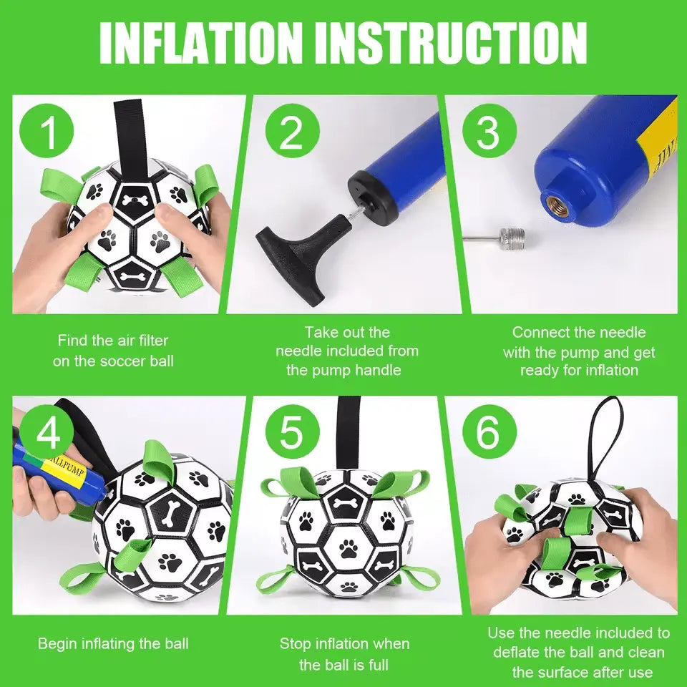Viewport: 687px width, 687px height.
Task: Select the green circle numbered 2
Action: coord(291,132)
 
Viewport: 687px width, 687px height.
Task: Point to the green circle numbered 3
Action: coord(488,132)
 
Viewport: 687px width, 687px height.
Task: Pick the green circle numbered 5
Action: coord(291,432)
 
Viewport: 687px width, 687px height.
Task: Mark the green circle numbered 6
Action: coord(488,432)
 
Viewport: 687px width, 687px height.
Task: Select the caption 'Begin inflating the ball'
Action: coord(113,643)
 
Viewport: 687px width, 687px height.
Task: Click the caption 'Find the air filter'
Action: coord(113,341)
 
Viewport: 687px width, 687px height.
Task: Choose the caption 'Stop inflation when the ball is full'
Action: coord(344,654)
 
